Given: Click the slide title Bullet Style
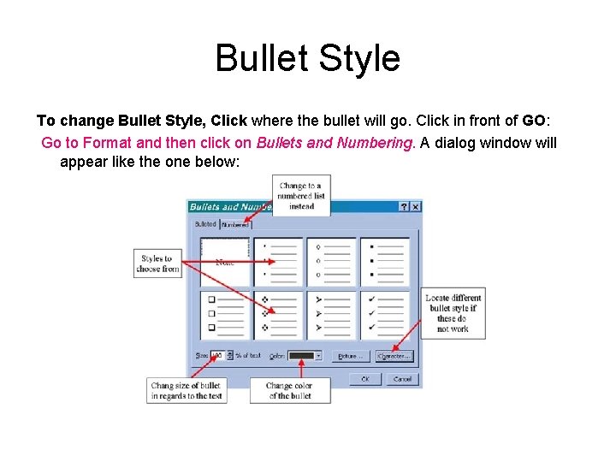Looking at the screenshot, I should tap(307, 58).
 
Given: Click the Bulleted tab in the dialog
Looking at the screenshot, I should tap(205, 224).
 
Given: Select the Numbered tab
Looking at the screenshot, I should tap(234, 224).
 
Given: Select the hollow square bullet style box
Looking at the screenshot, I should tap(225, 314).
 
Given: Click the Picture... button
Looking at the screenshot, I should tap(350, 355).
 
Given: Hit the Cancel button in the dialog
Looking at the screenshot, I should tap(401, 378).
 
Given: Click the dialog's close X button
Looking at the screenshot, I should tap(415, 207).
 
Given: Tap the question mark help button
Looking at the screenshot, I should tap(404, 207).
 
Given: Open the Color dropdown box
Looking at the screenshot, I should tap(305, 355).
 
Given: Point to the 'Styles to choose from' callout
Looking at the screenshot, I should tap(157, 264).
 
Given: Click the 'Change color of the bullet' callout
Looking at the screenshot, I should tap(290, 390).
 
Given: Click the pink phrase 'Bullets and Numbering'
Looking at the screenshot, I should tap(335, 143).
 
